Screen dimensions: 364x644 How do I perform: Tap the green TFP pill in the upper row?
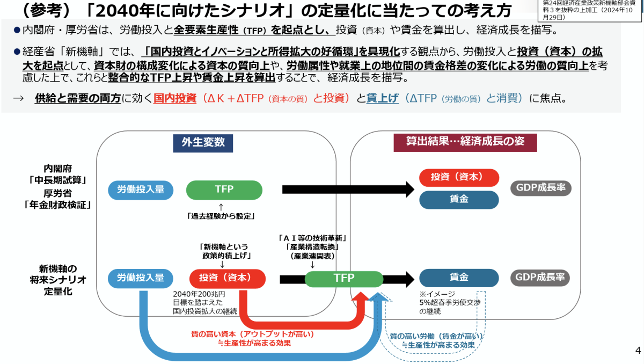224,190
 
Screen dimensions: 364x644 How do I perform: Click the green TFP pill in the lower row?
344,278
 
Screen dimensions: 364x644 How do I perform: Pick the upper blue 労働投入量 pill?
141,190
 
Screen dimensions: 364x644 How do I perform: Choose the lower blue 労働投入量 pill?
141,278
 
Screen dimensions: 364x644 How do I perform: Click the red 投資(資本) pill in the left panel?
228,278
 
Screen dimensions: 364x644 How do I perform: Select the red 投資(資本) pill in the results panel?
459,177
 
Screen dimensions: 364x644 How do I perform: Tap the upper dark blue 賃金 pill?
459,200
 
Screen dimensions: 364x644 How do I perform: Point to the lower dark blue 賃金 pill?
459,278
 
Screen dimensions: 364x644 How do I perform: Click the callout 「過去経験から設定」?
221,216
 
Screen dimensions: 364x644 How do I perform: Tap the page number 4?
638,351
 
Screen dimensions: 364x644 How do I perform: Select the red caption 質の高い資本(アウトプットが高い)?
252,334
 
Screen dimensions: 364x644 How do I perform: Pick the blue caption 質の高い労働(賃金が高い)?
436,336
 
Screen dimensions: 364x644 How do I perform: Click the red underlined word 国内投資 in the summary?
175,99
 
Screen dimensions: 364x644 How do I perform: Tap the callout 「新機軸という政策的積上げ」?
225,251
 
